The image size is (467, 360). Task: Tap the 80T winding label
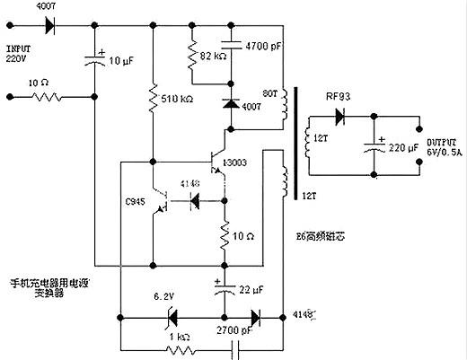click(267, 92)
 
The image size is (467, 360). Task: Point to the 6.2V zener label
click(167, 295)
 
